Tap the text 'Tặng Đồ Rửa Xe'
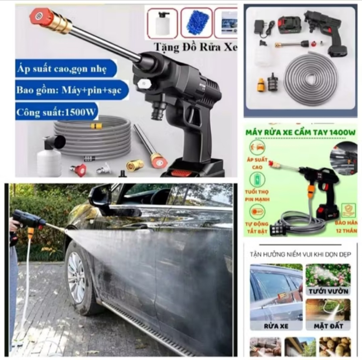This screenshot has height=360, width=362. [195, 47]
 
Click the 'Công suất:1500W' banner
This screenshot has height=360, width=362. [57, 111]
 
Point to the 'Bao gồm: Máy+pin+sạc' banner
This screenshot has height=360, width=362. [72, 90]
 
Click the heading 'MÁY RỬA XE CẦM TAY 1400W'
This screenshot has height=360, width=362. [300, 133]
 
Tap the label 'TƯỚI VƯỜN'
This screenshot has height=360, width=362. [328, 291]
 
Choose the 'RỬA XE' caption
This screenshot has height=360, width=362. [276, 326]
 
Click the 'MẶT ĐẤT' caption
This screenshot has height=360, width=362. [328, 326]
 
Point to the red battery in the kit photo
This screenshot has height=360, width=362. [290, 25]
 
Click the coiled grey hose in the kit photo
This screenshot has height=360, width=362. [311, 79]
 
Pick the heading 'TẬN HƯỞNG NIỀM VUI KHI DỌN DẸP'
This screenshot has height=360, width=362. [300, 255]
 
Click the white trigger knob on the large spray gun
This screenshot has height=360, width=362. [143, 84]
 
